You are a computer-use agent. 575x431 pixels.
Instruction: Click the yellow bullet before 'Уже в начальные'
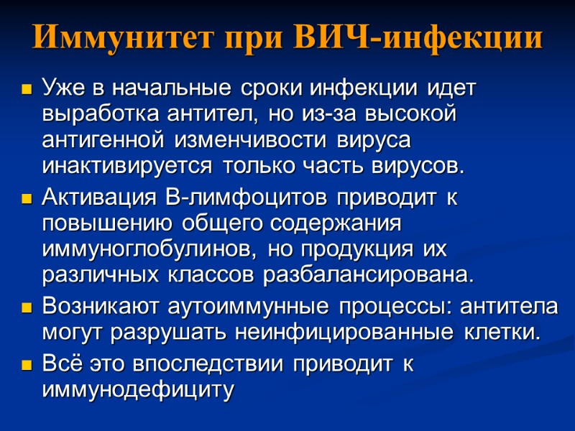pos(27,91)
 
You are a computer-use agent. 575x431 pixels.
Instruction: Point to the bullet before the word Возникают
pos(27,308)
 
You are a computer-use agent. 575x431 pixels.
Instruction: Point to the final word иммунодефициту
pos(139,391)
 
